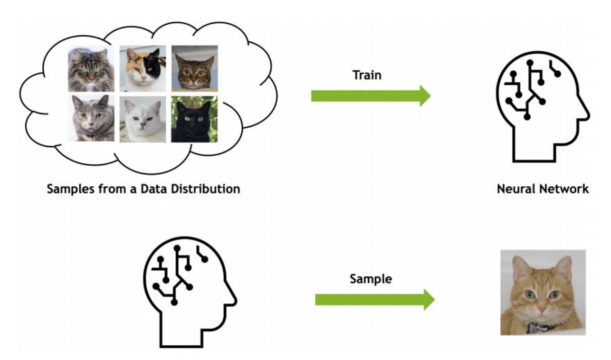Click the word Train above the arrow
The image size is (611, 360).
click(x=367, y=75)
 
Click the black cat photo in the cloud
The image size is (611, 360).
click(x=194, y=119)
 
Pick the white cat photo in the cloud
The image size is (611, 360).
click(x=143, y=119)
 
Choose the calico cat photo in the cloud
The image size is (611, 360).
click(x=143, y=68)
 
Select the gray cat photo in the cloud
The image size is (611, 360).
click(x=91, y=118)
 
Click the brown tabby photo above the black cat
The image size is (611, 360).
click(x=194, y=68)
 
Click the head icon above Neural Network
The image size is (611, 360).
click(x=541, y=109)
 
